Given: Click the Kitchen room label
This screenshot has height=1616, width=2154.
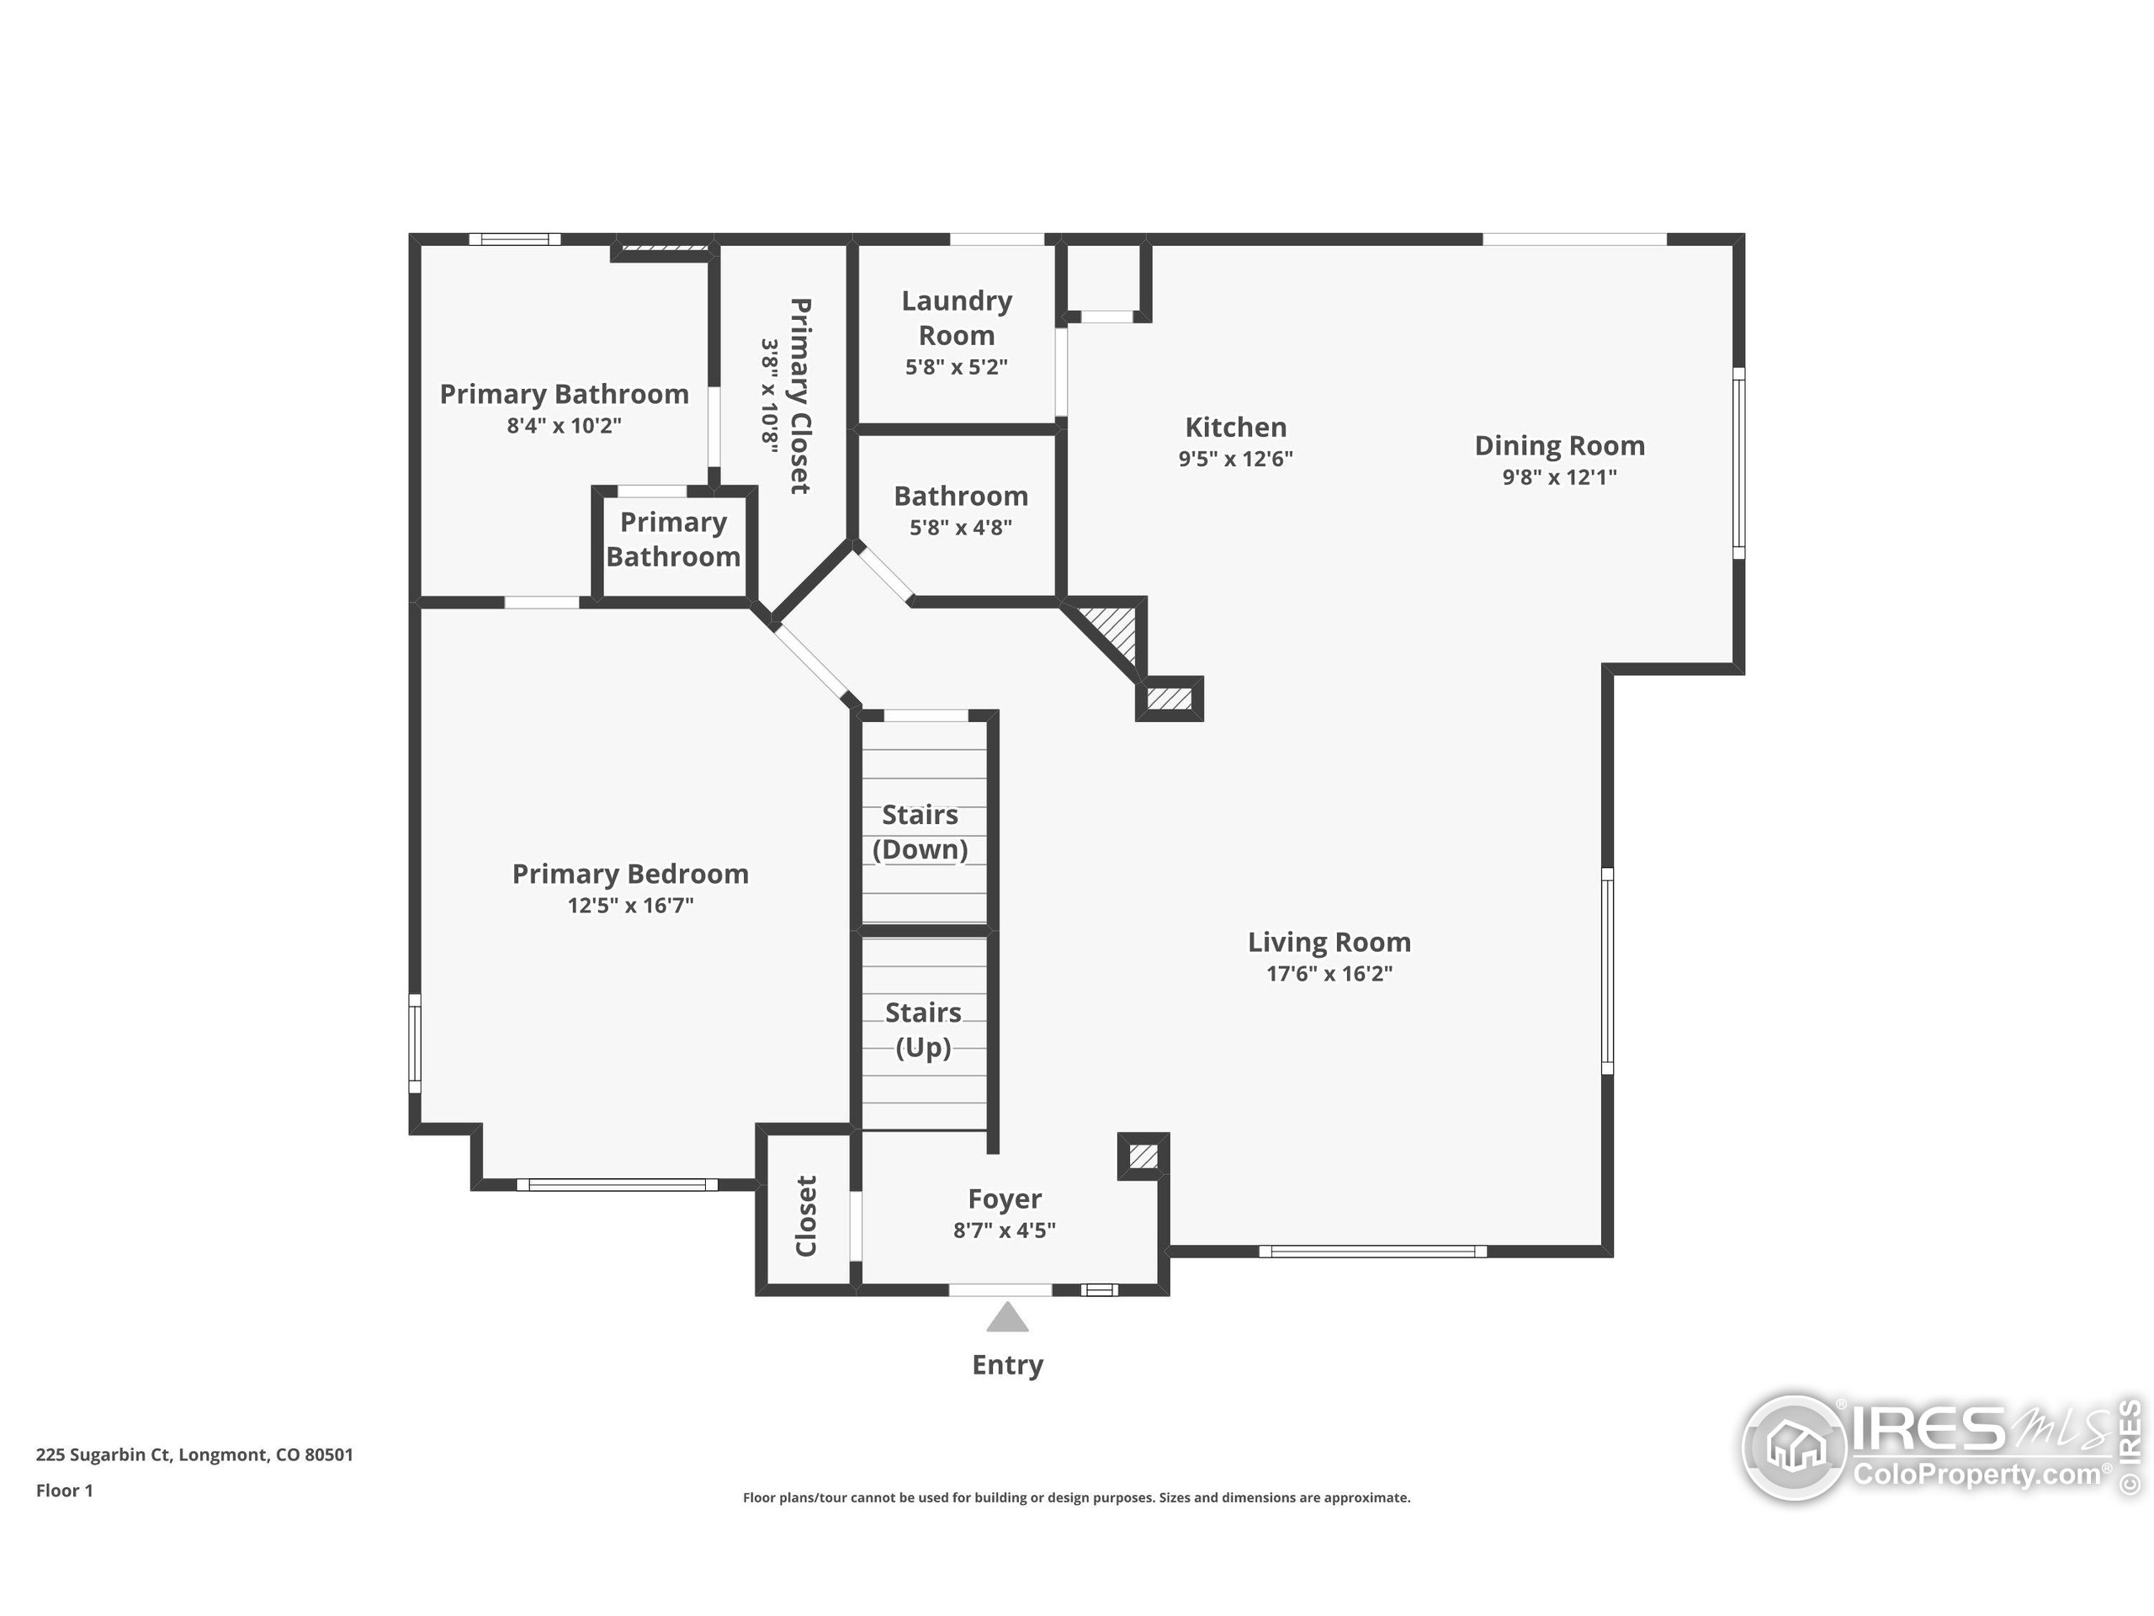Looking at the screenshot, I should pyautogui.click(x=1234, y=427).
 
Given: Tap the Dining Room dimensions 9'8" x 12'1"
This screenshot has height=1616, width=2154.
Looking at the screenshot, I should pyautogui.click(x=1559, y=476).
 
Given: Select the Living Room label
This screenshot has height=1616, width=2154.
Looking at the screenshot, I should pyautogui.click(x=1329, y=942).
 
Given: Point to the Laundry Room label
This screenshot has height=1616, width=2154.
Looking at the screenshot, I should pyautogui.click(x=956, y=317).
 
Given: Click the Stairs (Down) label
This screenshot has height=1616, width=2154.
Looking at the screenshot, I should pyautogui.click(x=920, y=832).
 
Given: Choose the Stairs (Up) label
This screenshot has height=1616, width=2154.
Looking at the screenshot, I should pyautogui.click(x=923, y=1029).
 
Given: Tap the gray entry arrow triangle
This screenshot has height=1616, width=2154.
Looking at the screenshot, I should pyautogui.click(x=1007, y=1319).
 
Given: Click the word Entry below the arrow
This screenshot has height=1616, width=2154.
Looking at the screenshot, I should pyautogui.click(x=1007, y=1364).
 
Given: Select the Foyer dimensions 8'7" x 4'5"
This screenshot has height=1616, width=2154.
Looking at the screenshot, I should pyautogui.click(x=1004, y=1231).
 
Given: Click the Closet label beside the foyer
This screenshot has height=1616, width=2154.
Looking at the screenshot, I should pyautogui.click(x=806, y=1215).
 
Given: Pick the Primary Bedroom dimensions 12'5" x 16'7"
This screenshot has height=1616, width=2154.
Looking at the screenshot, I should pyautogui.click(x=630, y=905).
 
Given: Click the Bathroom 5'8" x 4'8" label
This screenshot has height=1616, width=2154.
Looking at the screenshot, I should pyautogui.click(x=960, y=509).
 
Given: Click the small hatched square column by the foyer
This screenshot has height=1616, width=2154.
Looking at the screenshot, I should pyautogui.click(x=1143, y=1156).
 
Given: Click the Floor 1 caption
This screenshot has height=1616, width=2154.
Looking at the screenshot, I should pyautogui.click(x=64, y=1491).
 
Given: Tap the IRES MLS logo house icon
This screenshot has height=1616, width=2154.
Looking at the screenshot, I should pyautogui.click(x=1795, y=1447).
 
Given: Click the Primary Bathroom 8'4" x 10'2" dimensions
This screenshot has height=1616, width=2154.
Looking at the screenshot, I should pyautogui.click(x=564, y=425).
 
